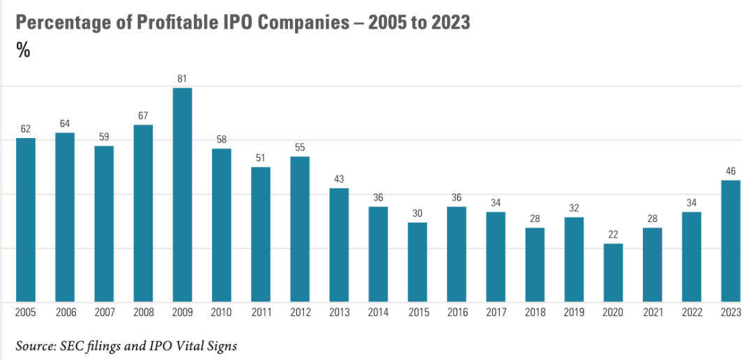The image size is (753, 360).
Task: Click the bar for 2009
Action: (x=182, y=195)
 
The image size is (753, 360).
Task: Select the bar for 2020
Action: (x=613, y=273)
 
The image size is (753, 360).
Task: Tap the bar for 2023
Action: (x=731, y=241)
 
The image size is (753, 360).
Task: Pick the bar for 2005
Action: (x=26, y=220)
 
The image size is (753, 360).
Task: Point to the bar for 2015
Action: (x=417, y=262)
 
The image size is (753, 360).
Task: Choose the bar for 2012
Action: (x=300, y=229)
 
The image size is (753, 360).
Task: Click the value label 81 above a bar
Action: (x=182, y=79)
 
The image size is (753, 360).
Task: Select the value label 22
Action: (x=613, y=234)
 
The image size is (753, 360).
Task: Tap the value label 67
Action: (x=143, y=116)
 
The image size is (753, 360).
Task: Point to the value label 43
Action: (x=339, y=179)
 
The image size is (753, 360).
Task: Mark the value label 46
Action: (x=731, y=172)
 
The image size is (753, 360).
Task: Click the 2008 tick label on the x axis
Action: (x=143, y=313)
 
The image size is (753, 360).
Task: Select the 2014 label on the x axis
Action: (x=378, y=313)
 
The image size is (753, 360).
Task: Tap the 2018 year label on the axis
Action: (x=535, y=313)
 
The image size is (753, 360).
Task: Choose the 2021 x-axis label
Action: (x=652, y=313)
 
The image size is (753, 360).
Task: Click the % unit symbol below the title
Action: (x=23, y=50)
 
